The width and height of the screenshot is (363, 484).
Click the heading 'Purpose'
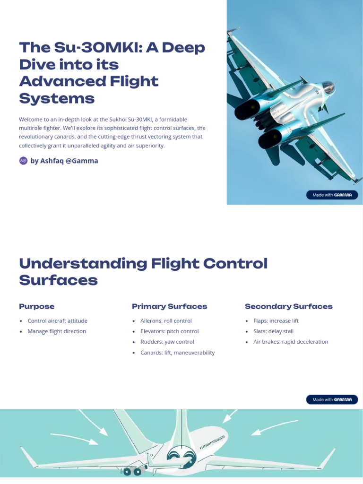coord(36,306)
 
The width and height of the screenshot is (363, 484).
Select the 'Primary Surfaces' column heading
coord(169,306)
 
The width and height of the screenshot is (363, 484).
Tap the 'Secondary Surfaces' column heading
coord(288,306)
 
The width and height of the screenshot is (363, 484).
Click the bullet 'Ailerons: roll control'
coord(166,320)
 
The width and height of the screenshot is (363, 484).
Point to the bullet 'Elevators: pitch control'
coord(169,331)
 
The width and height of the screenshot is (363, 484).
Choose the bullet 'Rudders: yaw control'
coord(167,342)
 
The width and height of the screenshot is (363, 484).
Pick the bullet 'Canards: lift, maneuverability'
coord(177,353)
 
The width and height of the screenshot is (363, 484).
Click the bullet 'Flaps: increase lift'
coord(276,320)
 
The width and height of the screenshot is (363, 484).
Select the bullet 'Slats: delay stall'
coord(273,331)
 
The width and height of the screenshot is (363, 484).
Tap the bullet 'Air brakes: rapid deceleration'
coord(290,342)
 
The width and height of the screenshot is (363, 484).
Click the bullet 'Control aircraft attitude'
coord(57,320)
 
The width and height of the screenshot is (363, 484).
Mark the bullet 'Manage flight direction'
coord(57,331)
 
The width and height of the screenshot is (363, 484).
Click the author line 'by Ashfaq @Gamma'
coord(64,161)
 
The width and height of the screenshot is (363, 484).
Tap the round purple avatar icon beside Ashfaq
coord(23,161)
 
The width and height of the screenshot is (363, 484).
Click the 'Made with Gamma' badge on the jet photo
coord(332,195)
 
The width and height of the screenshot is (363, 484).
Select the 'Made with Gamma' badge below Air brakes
coord(332,400)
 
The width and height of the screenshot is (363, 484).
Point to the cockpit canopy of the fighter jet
coord(327,87)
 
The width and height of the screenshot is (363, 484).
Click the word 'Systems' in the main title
coord(57,98)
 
